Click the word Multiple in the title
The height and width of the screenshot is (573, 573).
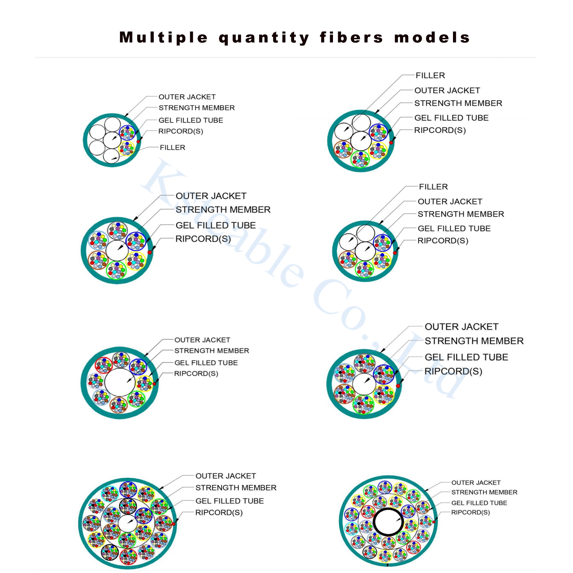tap(164, 37)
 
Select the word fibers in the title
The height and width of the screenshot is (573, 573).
tap(351, 37)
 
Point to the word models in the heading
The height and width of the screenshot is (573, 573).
tap(432, 38)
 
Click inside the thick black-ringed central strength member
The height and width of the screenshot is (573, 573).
tap(388, 522)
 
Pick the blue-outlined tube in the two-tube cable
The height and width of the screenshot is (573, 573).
tap(127, 132)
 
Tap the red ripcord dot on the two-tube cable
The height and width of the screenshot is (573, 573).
tap(138, 141)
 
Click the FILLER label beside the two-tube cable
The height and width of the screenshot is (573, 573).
tap(172, 147)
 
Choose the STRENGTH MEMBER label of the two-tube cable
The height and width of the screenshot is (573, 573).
tap(196, 108)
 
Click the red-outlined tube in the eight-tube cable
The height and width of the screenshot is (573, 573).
tap(104, 365)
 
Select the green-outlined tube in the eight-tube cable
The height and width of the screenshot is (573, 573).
tap(137, 399)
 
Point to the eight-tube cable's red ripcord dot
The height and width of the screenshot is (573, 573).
tap(154, 384)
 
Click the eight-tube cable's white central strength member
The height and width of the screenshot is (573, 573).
tap(120, 383)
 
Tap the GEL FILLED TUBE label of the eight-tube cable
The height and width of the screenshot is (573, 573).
tap(206, 363)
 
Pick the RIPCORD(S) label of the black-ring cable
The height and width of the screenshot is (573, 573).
tap(470, 512)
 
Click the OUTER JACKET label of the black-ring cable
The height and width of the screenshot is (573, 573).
tap(476, 483)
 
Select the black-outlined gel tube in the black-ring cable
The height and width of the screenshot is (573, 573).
tap(370, 552)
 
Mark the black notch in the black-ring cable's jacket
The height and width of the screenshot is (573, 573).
tap(388, 565)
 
